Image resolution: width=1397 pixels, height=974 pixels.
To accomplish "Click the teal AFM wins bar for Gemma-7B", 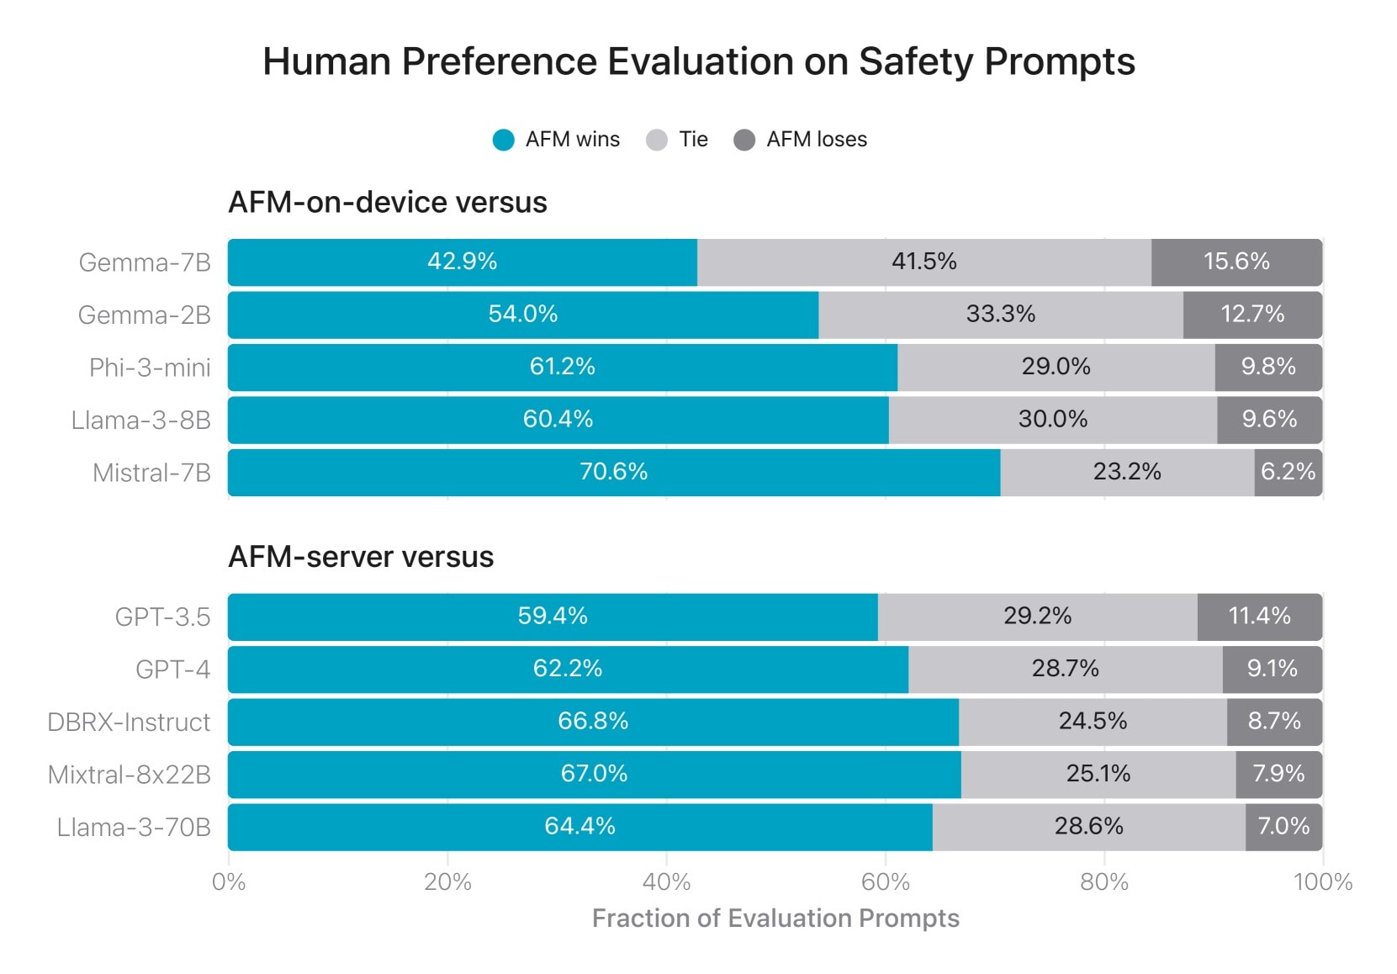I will [x=462, y=262].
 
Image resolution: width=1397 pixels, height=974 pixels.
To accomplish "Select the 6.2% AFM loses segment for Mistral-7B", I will [x=1288, y=472].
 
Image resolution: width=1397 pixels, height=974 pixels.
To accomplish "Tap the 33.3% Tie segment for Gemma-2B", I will [x=1000, y=315].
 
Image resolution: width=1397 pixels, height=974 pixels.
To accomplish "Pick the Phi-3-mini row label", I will [x=150, y=368].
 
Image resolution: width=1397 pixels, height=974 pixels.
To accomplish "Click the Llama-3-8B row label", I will [x=140, y=420].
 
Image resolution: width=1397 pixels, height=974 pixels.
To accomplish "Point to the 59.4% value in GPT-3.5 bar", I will [x=552, y=616].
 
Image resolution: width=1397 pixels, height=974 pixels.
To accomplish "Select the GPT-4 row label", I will [x=172, y=670].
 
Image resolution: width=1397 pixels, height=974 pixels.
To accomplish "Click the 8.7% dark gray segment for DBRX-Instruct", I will [x=1273, y=722].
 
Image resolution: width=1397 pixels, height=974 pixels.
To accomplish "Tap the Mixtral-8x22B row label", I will [x=129, y=775].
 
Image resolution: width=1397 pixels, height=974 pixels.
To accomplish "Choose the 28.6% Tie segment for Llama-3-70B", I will [x=1088, y=826].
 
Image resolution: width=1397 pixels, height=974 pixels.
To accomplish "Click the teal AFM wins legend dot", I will [x=503, y=140].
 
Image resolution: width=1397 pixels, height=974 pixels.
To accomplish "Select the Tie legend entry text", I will [x=693, y=140].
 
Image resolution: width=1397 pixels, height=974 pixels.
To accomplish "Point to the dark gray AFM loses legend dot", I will [x=744, y=140].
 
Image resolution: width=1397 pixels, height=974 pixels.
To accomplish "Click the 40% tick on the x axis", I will [x=666, y=882].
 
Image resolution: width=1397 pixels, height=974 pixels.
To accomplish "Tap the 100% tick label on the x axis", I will [x=1322, y=882].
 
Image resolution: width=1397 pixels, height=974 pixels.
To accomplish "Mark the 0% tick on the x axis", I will [x=229, y=882].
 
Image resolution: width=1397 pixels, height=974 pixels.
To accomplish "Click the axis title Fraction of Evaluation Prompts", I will [x=775, y=918].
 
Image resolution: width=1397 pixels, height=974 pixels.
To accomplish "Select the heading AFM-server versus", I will [x=361, y=557].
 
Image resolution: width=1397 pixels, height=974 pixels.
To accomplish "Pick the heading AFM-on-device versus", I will [x=388, y=203].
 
